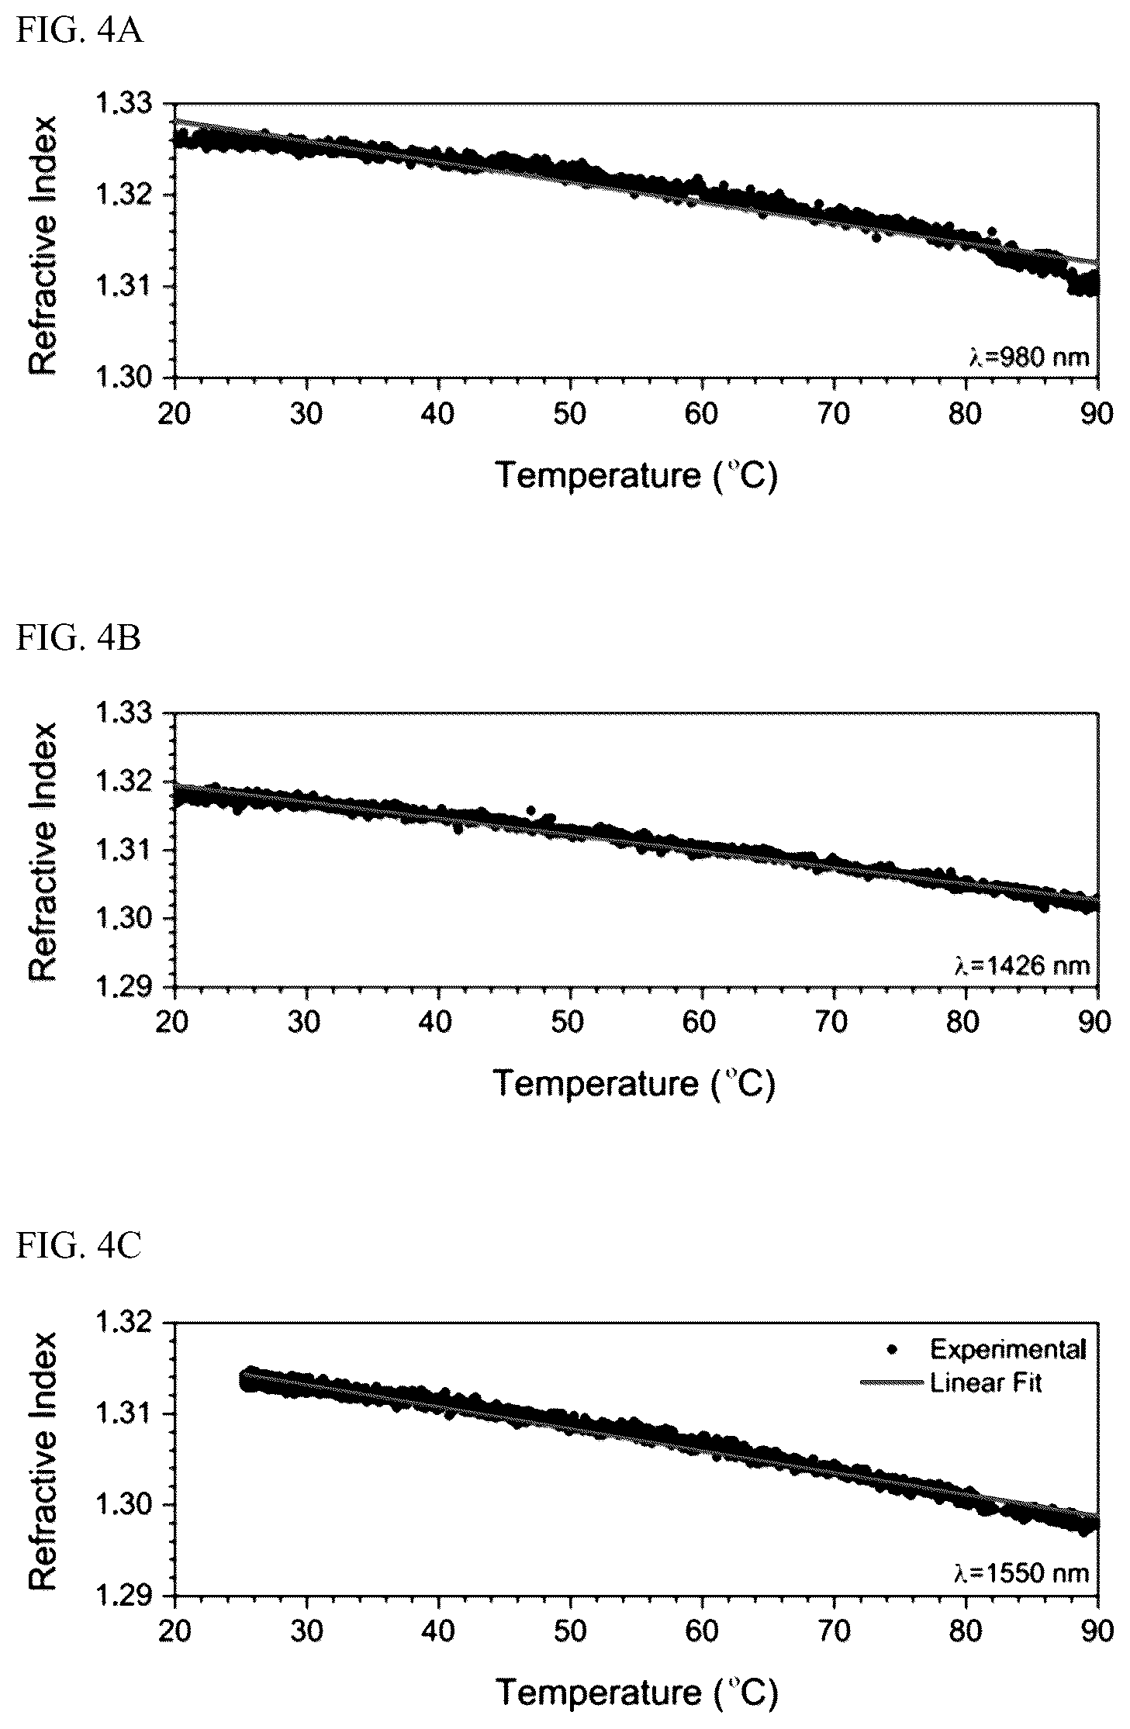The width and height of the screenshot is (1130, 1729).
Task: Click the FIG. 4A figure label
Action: [x=79, y=34]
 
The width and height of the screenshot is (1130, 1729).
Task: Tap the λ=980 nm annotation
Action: [x=1021, y=357]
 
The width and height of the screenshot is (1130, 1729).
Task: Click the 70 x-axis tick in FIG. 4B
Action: [x=834, y=1022]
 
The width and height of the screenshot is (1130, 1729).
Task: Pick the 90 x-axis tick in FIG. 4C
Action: [x=1097, y=1631]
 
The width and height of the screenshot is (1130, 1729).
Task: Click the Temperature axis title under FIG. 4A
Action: [x=636, y=475]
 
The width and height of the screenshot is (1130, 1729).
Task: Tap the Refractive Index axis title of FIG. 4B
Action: [x=43, y=851]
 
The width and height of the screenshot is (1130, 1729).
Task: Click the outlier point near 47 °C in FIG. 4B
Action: [x=531, y=810]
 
